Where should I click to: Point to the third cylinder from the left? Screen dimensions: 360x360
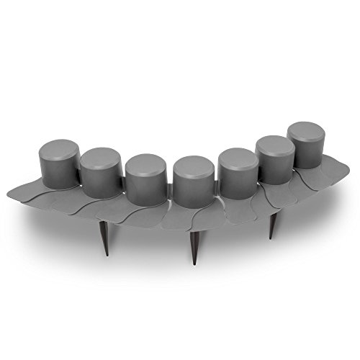[146, 180]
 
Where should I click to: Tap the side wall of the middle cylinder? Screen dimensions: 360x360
[192, 189]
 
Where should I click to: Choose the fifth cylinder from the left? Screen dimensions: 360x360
[237, 176]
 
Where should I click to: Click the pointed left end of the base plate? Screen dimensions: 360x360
[9, 195]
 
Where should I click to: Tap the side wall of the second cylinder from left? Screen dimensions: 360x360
[101, 180]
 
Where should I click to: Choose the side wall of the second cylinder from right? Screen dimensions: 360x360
[275, 166]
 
